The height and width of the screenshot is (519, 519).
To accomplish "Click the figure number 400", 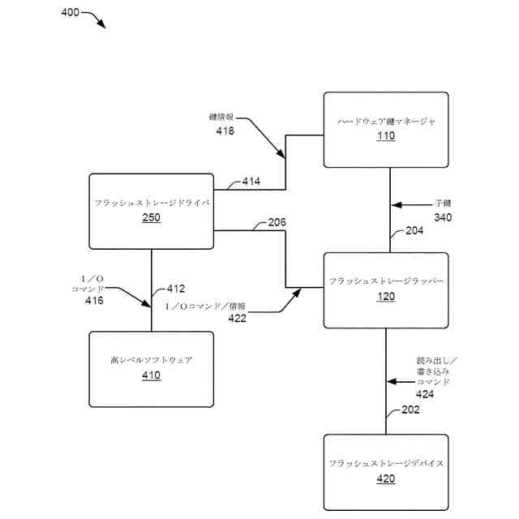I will (71, 13).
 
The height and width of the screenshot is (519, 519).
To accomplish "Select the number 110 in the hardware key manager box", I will (386, 136).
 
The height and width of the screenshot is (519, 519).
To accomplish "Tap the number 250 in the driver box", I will (151, 217).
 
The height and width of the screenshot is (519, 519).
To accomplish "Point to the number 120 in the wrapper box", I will (386, 296).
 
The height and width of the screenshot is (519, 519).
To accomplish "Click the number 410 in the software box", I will (151, 375).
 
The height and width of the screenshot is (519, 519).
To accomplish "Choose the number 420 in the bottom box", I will (386, 478).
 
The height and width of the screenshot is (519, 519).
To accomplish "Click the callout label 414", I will (251, 182).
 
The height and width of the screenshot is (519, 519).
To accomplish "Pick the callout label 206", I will (276, 223).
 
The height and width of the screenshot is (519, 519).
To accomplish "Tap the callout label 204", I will (414, 231).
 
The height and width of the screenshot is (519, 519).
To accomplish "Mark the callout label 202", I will (410, 410).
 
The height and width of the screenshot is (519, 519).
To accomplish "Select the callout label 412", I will (176, 289).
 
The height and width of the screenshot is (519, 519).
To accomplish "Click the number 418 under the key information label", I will (225, 131).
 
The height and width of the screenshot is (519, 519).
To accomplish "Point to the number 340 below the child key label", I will (443, 217).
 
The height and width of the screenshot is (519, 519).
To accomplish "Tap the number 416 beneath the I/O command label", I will (95, 301).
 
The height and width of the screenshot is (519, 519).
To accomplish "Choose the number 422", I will (237, 319).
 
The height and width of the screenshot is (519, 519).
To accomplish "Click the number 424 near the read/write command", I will (425, 394).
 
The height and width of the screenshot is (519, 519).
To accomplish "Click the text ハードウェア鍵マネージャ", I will (386, 121).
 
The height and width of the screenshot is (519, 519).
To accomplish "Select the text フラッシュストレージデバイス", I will (386, 463).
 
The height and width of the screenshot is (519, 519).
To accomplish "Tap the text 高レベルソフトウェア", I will (151, 359).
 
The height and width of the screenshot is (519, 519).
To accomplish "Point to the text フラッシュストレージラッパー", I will (386, 281).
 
